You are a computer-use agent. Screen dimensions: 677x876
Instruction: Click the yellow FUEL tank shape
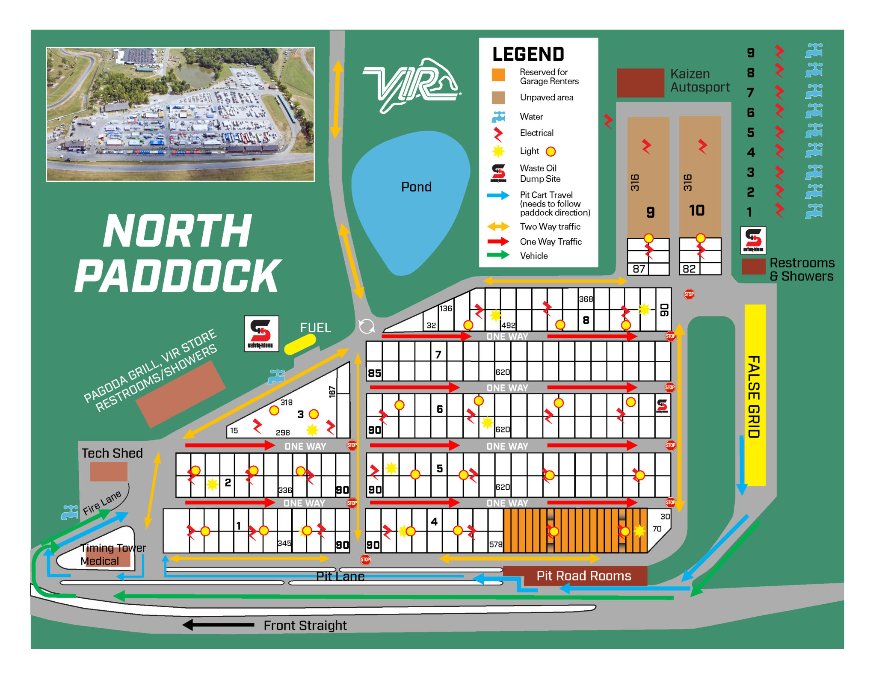tap(300, 344)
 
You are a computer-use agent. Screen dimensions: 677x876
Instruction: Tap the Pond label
tap(416, 187)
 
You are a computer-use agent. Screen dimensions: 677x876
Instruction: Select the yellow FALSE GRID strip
tap(755, 396)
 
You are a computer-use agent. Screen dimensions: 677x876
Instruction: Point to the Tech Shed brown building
tap(109, 472)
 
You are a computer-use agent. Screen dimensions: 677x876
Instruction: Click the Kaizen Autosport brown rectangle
tap(640, 83)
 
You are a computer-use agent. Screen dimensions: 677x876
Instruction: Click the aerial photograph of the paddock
tap(180, 114)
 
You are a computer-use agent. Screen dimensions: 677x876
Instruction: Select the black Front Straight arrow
tap(219, 625)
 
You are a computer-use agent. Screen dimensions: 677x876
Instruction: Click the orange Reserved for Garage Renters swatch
tap(498, 75)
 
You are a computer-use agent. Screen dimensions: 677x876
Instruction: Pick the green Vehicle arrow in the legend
tap(498, 255)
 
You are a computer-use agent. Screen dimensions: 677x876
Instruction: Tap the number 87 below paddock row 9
tap(639, 269)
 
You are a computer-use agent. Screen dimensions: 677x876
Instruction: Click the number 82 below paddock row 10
tap(689, 269)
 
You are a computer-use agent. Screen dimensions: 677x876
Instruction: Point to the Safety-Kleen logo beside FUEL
tap(261, 334)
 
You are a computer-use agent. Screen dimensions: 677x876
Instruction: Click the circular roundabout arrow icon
tap(367, 327)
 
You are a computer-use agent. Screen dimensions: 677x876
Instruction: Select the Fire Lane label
tap(102, 503)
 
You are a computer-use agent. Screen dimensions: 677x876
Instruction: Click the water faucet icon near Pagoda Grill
tap(276, 376)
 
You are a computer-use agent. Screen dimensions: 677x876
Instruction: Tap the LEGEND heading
tap(528, 54)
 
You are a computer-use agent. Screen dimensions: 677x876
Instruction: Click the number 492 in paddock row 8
tap(508, 325)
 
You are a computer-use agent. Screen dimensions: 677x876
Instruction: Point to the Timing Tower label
tap(113, 548)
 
